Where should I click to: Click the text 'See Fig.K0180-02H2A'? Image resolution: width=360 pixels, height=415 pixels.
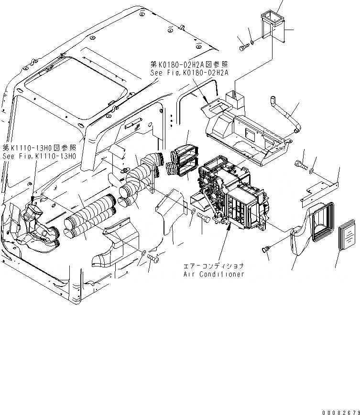pos(189,73)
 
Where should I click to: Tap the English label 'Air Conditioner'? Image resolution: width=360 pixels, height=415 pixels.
pos(214,274)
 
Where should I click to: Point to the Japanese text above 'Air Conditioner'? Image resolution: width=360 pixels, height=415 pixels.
pos(214,266)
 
